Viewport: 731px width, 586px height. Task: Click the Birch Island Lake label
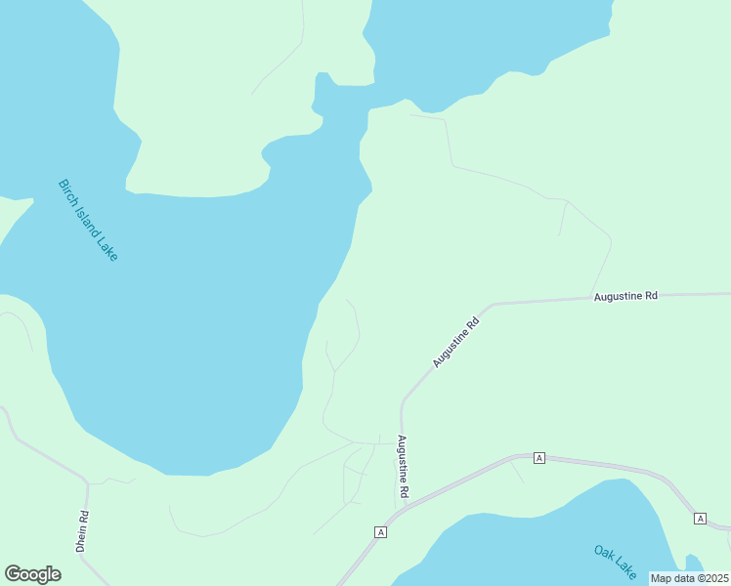(x=88, y=220)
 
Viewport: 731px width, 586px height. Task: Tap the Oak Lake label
(x=615, y=561)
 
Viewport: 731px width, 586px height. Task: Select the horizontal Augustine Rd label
(x=625, y=295)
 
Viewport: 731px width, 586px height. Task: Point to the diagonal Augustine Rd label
(x=456, y=342)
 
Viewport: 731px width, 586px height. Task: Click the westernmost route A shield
(x=381, y=532)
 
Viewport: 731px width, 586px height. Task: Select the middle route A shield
(x=538, y=457)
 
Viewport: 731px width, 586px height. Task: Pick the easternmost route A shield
(x=700, y=518)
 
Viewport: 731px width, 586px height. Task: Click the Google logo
(x=33, y=574)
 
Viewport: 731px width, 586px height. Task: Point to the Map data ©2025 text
(x=690, y=578)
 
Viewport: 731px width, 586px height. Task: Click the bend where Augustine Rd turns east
(x=492, y=305)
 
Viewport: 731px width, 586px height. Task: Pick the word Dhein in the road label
(x=83, y=538)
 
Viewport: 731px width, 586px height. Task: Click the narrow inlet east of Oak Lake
(x=693, y=563)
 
